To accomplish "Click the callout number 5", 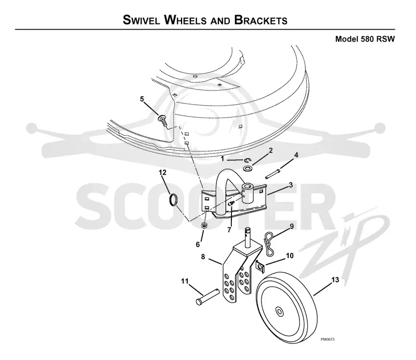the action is click(x=142, y=99).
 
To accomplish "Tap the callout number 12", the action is click(x=163, y=172).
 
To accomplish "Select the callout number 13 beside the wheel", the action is click(x=335, y=279).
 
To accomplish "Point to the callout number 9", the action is click(x=292, y=226).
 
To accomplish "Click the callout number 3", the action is click(x=291, y=185).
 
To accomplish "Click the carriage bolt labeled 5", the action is click(x=163, y=120).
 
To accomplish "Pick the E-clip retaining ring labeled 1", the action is click(x=248, y=160).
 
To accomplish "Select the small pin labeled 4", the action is click(x=272, y=174).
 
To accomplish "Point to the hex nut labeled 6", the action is click(x=204, y=226).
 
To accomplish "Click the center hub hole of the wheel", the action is click(x=279, y=311).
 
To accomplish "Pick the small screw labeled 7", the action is click(x=231, y=203).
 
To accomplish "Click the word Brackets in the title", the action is click(x=261, y=20).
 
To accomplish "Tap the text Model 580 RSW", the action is click(x=365, y=39).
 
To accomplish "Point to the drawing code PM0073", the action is click(x=328, y=339).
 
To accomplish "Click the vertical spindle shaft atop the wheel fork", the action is click(x=248, y=236).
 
